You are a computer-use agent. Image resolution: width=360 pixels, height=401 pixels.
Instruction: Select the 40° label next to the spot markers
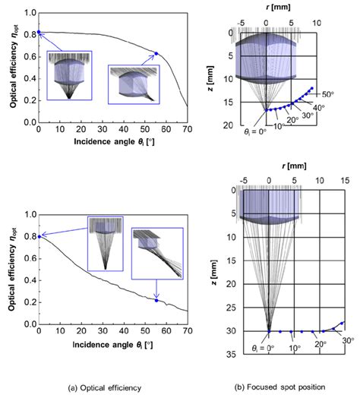tap(317, 108)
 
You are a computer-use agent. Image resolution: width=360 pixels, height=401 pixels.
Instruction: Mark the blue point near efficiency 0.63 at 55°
tap(156, 53)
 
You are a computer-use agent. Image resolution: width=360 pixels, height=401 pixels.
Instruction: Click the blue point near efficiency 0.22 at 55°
tap(156, 300)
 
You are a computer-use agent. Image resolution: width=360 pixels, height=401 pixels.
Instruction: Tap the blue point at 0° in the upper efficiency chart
tap(38, 33)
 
